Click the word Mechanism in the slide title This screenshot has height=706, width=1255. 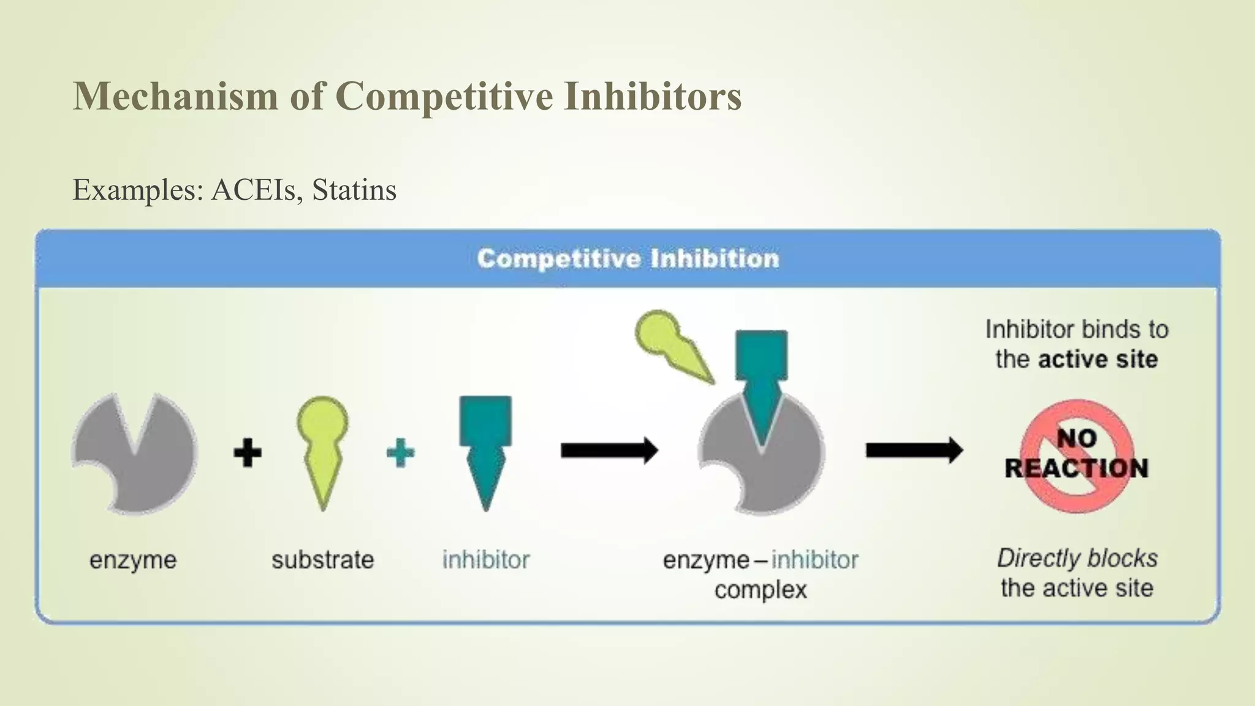[x=175, y=96]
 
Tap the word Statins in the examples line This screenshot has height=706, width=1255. [x=354, y=189]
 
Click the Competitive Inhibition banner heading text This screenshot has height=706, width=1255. [x=628, y=259]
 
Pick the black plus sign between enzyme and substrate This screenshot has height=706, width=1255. [x=248, y=453]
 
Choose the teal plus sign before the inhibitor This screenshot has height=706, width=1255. [x=401, y=453]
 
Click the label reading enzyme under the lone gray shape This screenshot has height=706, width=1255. [x=133, y=560]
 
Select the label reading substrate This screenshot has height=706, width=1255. [x=322, y=560]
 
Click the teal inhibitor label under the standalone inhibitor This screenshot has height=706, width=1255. [x=486, y=560]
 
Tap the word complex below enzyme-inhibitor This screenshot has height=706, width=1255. [x=760, y=590]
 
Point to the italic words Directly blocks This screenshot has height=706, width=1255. [x=1077, y=558]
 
